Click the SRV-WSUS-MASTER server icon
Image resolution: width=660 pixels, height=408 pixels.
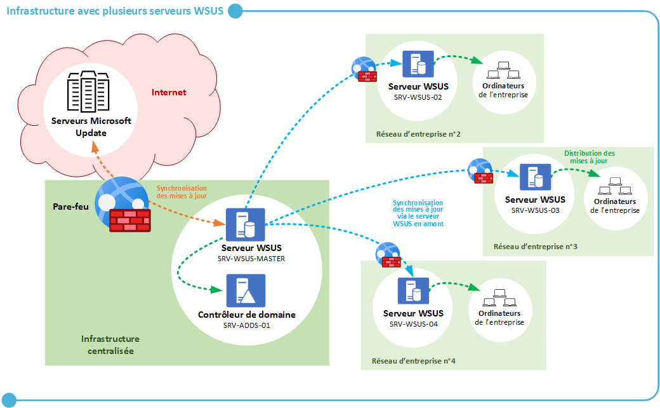[245, 223]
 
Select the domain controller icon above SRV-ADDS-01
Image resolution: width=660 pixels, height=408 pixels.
[246, 290]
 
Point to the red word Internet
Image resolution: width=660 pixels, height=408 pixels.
[169, 92]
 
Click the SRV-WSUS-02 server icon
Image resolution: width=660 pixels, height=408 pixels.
[417, 64]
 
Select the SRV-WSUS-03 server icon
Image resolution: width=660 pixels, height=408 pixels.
[535, 177]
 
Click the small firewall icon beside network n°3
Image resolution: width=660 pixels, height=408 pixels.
[480, 170]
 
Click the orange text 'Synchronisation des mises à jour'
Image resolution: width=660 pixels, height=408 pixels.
[181, 192]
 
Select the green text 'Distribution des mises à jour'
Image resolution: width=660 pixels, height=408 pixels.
[589, 157]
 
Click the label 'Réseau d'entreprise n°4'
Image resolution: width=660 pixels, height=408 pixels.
[413, 361]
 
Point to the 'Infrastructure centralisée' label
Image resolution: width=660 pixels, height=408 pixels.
[110, 344]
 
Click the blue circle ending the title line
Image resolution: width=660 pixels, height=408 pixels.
[235, 10]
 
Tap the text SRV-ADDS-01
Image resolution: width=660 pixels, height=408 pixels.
[246, 325]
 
